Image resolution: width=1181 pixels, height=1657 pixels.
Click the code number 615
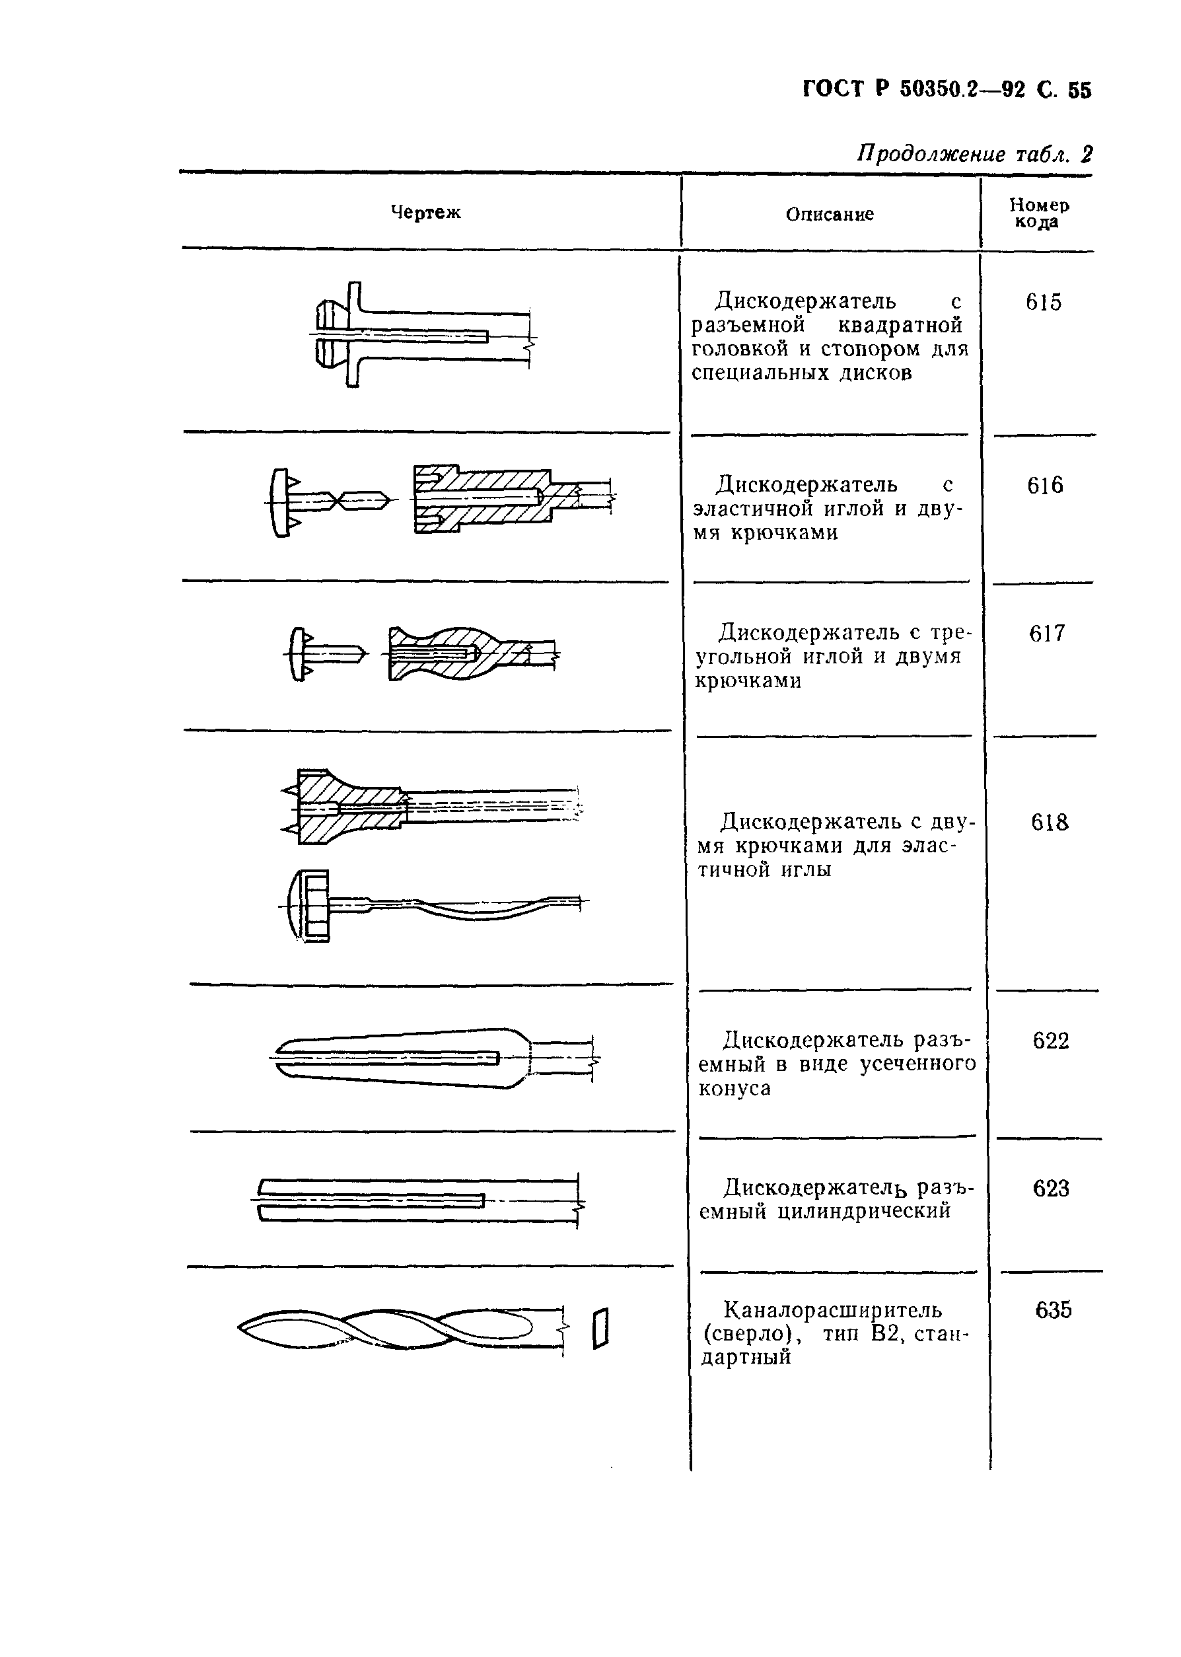tap(1044, 302)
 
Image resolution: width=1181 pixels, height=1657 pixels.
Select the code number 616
tap(1045, 485)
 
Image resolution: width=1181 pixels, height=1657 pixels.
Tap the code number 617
tap(1046, 634)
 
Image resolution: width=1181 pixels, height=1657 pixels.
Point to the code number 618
tap(1050, 823)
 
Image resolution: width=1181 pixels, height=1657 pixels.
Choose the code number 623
tap(1051, 1189)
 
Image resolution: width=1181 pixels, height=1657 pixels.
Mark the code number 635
tap(1053, 1310)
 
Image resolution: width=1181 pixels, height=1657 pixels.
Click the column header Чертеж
tap(425, 212)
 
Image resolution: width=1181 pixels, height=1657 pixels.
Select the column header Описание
tap(830, 214)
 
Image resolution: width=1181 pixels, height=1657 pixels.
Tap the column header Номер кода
tap(1039, 213)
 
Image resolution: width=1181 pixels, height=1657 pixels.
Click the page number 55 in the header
tap(1079, 91)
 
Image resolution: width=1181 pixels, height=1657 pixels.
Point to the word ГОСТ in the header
tap(835, 89)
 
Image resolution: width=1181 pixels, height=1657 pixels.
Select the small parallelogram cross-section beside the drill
tap(600, 1328)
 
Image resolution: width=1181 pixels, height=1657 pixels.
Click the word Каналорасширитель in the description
tap(833, 1310)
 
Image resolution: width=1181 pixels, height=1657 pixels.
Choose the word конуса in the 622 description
tap(734, 1089)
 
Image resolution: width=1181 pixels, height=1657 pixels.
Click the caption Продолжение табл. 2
tap(974, 154)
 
